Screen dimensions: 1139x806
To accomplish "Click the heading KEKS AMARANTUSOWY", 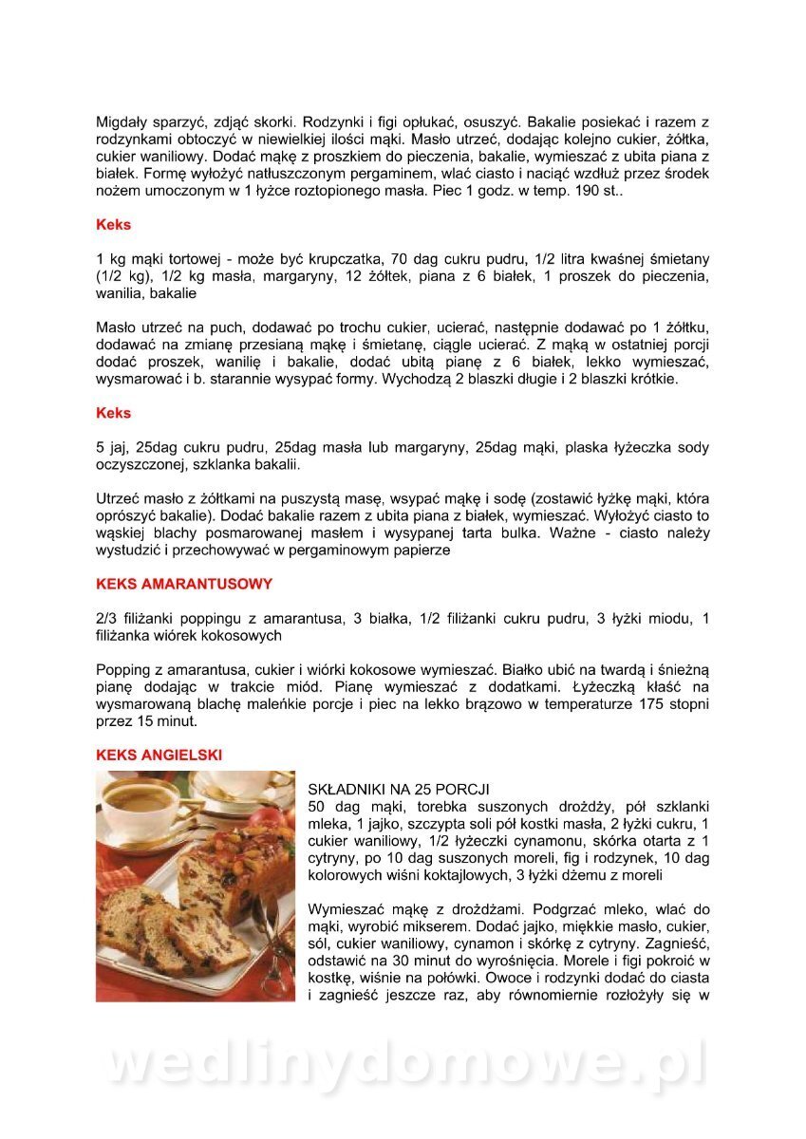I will point(184,584).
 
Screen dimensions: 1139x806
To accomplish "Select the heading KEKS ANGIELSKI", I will point(159,755).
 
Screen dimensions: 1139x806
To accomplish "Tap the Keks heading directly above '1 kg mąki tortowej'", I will point(113,225).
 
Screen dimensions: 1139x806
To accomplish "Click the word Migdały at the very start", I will point(122,122).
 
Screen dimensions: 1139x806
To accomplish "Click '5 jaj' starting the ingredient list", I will point(112,447).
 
